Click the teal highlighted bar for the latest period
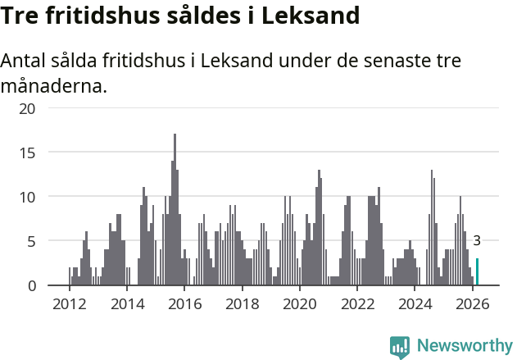[477, 272]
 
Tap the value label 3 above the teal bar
[477, 241]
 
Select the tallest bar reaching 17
[175, 210]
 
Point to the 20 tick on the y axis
[27, 108]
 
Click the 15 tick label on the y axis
[27, 153]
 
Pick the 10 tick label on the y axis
[27, 197]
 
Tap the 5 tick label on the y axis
[31, 241]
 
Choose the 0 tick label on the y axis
[31, 285]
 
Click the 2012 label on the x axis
[69, 303]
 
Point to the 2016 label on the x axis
[184, 303]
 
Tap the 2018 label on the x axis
[242, 303]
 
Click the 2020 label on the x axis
[299, 303]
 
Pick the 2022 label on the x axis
[357, 303]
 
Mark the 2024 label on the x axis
[415, 303]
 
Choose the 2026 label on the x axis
[472, 303]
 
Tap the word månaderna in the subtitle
[54, 85]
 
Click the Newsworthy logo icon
[399, 346]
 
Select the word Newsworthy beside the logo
[464, 346]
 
